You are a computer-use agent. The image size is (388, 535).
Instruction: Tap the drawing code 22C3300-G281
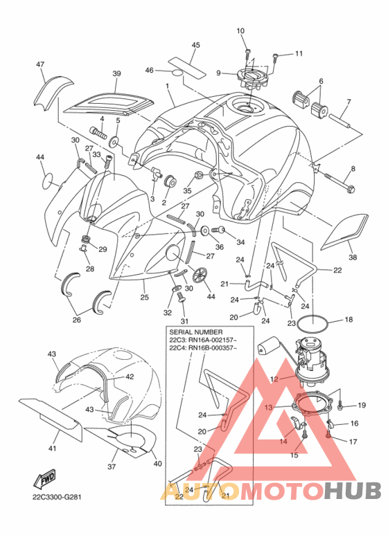tap(58, 497)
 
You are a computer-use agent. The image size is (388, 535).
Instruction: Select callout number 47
tap(40, 64)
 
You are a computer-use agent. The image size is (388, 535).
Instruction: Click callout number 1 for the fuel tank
tap(168, 87)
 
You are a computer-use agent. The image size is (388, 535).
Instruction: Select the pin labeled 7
tap(339, 122)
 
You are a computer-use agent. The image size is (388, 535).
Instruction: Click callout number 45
tap(195, 45)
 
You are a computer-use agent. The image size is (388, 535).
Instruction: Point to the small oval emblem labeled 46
tap(177, 73)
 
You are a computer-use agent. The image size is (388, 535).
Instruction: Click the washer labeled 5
tap(114, 140)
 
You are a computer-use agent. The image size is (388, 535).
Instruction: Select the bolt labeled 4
tap(97, 131)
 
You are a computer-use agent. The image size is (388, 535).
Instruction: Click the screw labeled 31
tap(181, 301)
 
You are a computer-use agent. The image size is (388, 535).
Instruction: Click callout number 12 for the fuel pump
tap(274, 379)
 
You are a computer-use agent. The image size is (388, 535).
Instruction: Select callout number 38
tap(353, 257)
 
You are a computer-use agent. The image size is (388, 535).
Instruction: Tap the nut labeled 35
tap(197, 176)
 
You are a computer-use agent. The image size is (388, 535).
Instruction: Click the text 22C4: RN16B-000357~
tap(203, 348)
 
